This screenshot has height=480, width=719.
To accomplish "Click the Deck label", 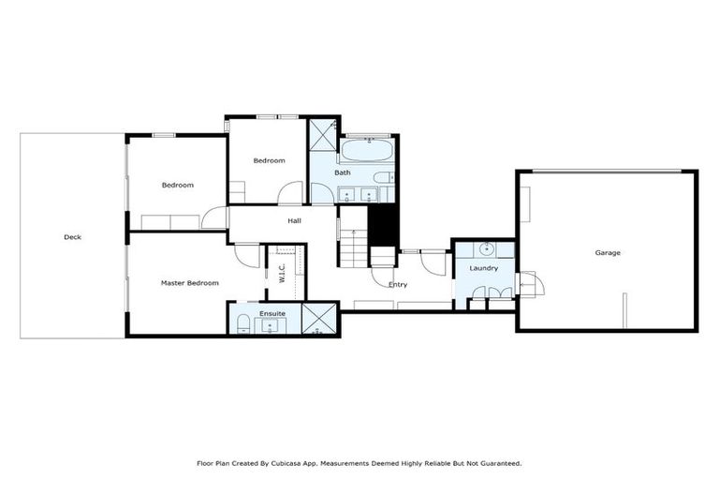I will point(72,237).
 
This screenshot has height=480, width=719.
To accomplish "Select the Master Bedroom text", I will point(189,282).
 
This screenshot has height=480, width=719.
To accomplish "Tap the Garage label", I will point(608,252).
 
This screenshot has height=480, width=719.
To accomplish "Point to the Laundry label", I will point(483,268).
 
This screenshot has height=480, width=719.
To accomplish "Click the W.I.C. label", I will point(281,273).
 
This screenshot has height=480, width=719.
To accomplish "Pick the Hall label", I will point(294,220).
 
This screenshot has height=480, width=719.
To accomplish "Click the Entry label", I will point(397,284).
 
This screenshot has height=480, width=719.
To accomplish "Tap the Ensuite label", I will point(272,311).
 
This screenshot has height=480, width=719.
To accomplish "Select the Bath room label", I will point(343,172).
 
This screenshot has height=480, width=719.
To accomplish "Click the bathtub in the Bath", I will point(366,150).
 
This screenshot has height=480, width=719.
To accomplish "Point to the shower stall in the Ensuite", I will point(318,319).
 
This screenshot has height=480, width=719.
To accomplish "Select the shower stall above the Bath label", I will point(322,136).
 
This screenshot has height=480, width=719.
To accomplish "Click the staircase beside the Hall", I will point(353,248).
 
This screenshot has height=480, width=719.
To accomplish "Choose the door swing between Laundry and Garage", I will point(525,283).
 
